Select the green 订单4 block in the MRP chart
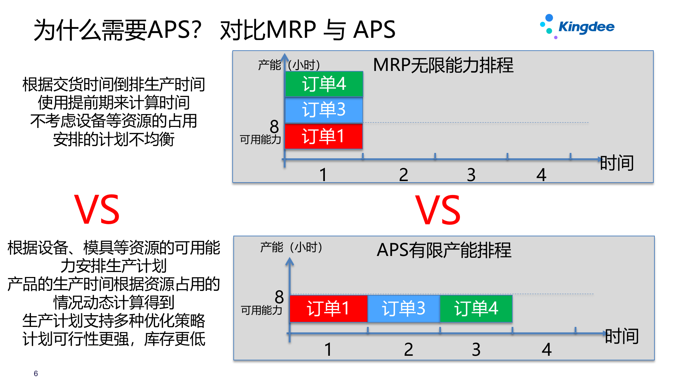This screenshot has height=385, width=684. [x=324, y=84]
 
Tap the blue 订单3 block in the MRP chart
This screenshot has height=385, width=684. [x=324, y=110]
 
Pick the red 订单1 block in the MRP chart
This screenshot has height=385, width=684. [x=323, y=136]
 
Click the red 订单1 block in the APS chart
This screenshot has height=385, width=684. [x=328, y=309]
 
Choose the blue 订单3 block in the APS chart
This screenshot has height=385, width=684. [x=404, y=309]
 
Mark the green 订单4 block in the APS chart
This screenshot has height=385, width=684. [x=476, y=309]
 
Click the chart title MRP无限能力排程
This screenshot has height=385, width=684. [x=443, y=65]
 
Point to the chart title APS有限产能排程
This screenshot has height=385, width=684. [x=444, y=250]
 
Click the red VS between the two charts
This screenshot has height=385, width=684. [x=438, y=210]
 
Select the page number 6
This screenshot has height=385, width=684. [x=36, y=374]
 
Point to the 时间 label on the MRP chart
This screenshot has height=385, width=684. [x=617, y=163]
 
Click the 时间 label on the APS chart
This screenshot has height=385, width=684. [x=622, y=337]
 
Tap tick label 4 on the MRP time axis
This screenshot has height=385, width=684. [x=541, y=175]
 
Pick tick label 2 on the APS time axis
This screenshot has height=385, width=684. [x=409, y=349]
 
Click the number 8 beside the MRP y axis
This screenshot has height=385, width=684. [x=274, y=127]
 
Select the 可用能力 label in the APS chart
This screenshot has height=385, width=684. [x=261, y=310]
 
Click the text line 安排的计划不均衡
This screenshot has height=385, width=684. [x=114, y=139]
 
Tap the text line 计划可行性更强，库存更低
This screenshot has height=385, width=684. [x=114, y=339]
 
